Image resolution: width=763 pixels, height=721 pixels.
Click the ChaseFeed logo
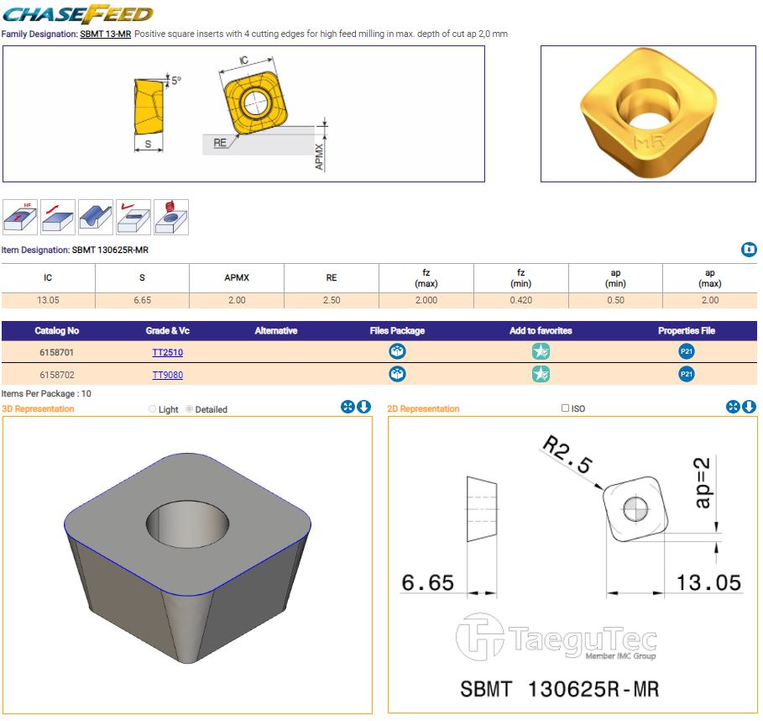[78, 14]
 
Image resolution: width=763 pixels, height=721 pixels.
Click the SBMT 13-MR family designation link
[106, 34]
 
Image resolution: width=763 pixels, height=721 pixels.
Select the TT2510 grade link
[167, 352]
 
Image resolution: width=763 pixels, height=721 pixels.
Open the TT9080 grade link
[167, 375]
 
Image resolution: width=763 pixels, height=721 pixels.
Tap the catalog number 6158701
[56, 352]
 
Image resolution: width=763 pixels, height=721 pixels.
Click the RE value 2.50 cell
[332, 300]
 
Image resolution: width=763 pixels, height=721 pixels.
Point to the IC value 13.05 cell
[48, 300]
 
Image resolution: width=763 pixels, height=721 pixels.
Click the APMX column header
[237, 277]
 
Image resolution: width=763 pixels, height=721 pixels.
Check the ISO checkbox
[565, 408]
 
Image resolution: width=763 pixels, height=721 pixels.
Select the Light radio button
[152, 409]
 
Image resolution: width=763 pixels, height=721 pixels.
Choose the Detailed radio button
[190, 409]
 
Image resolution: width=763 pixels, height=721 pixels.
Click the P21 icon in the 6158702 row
[686, 374]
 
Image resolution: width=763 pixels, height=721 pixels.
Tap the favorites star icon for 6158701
[541, 351]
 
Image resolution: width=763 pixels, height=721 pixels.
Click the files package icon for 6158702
[397, 374]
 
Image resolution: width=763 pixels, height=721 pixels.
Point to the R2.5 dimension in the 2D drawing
[567, 454]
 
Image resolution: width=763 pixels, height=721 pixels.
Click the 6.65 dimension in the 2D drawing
[428, 582]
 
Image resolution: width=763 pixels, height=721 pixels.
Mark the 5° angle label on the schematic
[176, 80]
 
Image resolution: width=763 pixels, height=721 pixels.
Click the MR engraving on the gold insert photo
[649, 142]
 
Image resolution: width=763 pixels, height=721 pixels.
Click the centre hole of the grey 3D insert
[187, 524]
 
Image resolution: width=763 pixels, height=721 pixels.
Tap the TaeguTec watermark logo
[557, 637]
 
